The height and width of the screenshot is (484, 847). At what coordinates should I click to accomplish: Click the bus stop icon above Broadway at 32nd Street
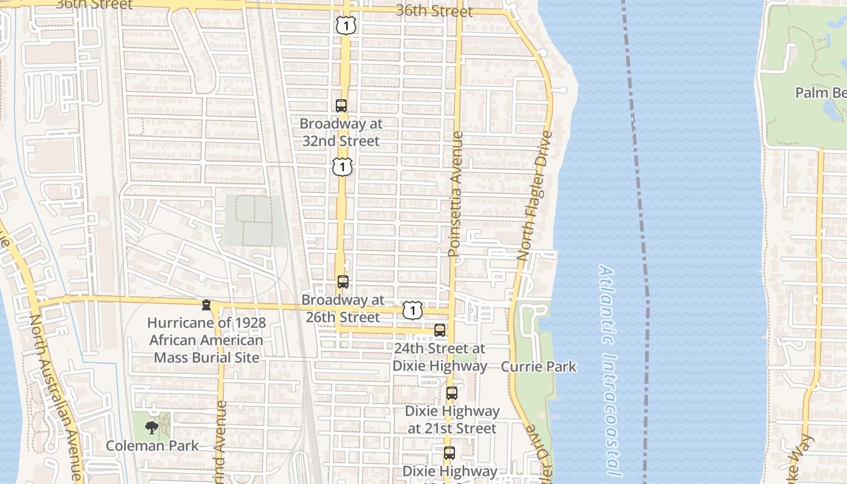tap(341, 106)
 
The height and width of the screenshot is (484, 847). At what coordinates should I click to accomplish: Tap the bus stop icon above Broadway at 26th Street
tap(343, 282)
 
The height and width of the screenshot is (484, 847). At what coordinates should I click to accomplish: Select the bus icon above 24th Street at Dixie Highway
tap(440, 330)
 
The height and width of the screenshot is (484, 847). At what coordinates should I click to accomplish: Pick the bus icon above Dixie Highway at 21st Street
tap(452, 393)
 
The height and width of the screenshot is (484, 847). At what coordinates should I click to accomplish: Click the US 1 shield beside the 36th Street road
tap(345, 25)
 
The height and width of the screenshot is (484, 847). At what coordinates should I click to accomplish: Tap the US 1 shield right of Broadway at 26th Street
tap(413, 311)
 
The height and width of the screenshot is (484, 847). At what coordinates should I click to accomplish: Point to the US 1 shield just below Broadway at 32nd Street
tap(342, 166)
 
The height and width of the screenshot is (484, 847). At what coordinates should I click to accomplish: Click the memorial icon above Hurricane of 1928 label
tap(206, 305)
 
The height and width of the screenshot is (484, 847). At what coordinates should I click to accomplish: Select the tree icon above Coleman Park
tap(152, 428)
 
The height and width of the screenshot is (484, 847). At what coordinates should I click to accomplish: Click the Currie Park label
tap(538, 367)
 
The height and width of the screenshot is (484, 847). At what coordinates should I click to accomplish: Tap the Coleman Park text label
tap(152, 446)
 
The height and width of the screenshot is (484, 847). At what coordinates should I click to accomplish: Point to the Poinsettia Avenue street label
tap(455, 194)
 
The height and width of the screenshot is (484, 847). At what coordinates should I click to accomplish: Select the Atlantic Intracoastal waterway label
tap(609, 369)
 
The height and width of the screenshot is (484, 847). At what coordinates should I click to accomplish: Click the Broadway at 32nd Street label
tap(341, 132)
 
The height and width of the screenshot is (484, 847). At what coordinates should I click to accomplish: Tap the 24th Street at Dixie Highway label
tap(440, 357)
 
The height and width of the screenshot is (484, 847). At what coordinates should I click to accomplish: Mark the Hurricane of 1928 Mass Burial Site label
tap(206, 340)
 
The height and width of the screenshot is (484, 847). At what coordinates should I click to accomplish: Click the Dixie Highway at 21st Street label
tap(452, 419)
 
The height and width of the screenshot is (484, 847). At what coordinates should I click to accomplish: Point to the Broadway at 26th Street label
tap(343, 309)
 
